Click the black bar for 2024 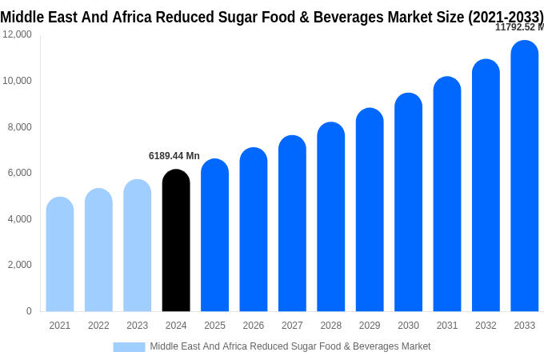point(176,241)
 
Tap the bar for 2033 point(525,176)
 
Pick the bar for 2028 point(331,217)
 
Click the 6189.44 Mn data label point(174,156)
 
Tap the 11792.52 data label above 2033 point(518,27)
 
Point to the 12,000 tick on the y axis point(17,34)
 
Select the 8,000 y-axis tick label point(19,126)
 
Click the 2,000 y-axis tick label point(19,265)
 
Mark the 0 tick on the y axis point(29,311)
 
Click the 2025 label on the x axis point(214,326)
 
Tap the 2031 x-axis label point(447,326)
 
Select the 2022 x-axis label point(98,326)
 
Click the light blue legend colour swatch point(129,346)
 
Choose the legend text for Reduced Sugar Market point(290,346)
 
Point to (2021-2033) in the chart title point(506,17)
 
